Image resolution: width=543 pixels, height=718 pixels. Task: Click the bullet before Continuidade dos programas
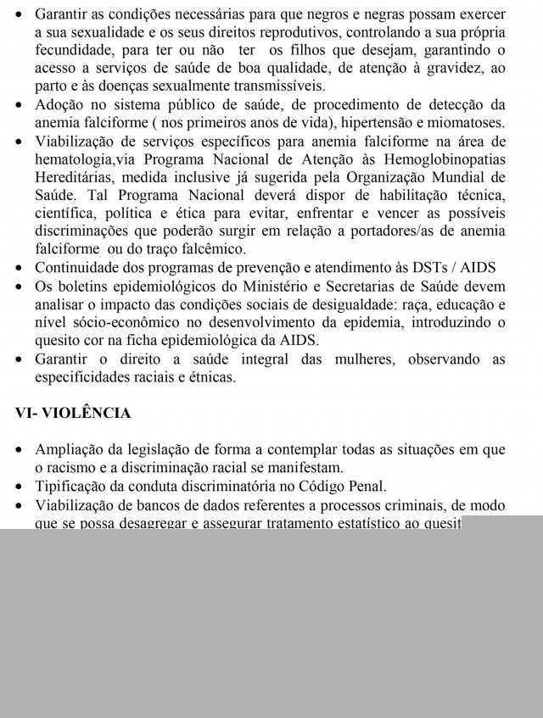click(x=19, y=268)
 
